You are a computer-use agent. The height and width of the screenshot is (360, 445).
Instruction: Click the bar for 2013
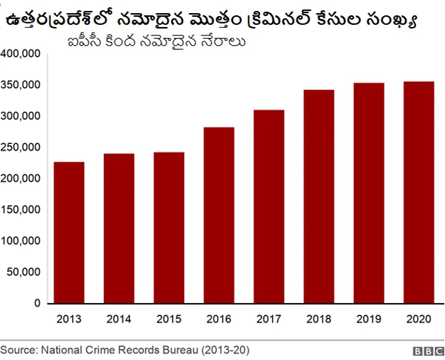(x=69, y=233)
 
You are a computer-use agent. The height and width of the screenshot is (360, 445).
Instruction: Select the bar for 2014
(x=119, y=229)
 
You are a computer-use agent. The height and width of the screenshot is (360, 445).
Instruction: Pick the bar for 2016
(x=219, y=215)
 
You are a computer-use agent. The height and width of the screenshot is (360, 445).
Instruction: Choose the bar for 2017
(x=269, y=206)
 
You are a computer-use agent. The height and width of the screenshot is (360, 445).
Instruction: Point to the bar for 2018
(x=319, y=197)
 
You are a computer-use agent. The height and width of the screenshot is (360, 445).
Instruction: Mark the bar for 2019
(x=369, y=193)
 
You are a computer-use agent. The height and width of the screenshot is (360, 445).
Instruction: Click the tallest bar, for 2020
(x=419, y=193)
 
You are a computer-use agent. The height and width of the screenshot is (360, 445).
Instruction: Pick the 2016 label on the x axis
(x=219, y=320)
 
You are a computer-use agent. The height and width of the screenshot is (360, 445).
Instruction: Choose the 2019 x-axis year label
(x=369, y=320)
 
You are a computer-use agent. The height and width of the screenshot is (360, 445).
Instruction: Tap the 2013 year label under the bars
(x=69, y=320)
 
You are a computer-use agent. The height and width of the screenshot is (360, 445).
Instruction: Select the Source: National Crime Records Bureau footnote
(x=125, y=350)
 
